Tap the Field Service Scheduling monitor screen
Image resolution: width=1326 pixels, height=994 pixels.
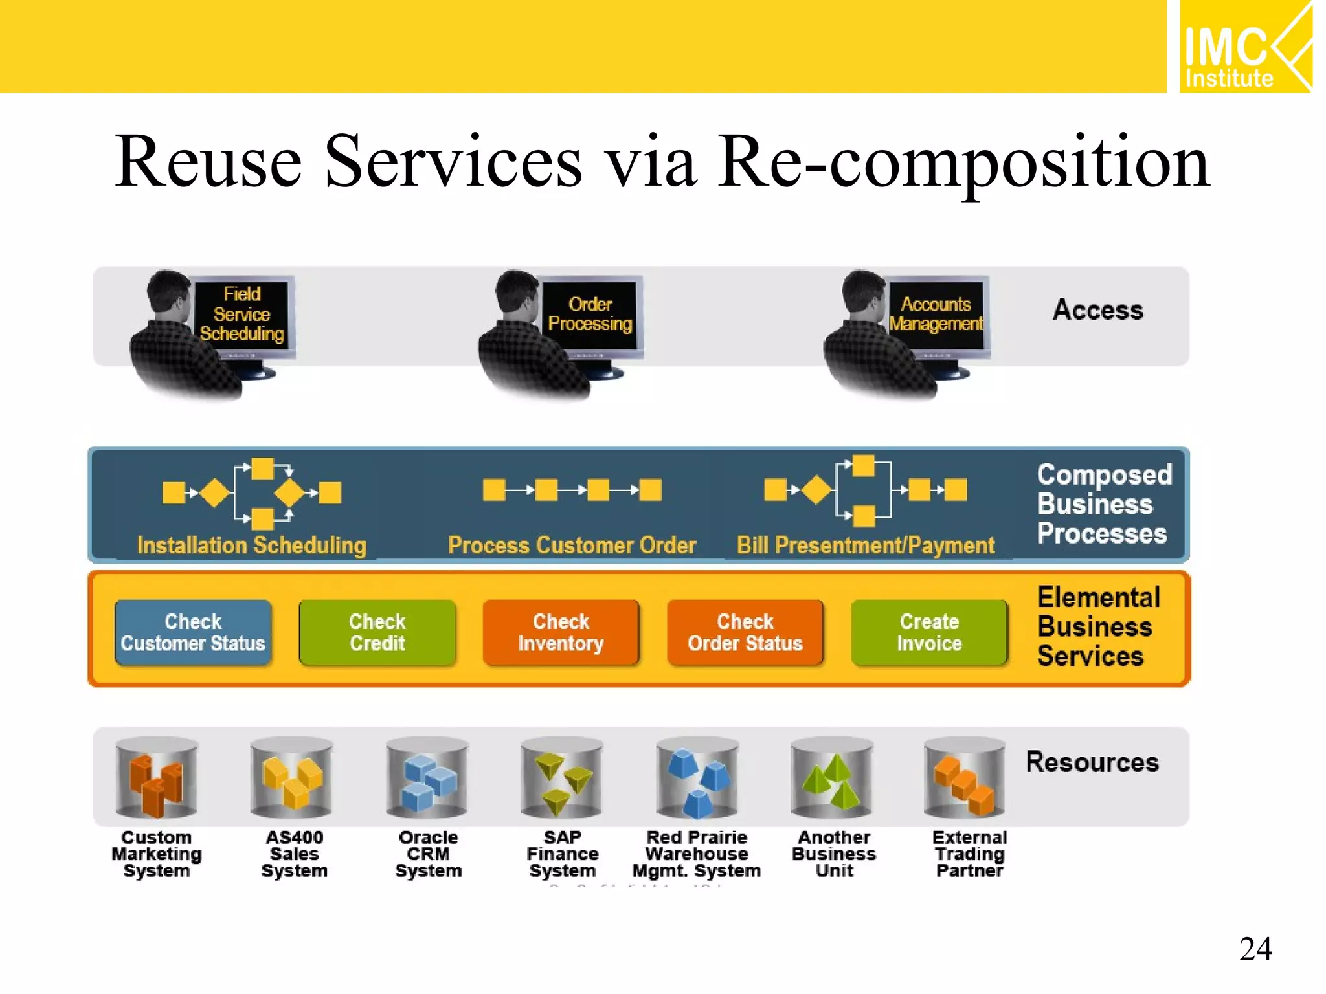[x=242, y=315]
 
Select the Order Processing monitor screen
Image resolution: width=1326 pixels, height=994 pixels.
[x=590, y=315]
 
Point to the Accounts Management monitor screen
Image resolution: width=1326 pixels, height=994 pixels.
[x=936, y=315]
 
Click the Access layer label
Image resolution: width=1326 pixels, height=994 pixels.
[x=1097, y=310]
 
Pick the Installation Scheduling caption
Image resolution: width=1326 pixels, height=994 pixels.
[x=252, y=546]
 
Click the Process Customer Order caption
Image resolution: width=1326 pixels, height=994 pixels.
[x=572, y=546]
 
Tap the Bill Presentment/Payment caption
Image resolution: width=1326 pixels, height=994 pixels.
[x=866, y=546]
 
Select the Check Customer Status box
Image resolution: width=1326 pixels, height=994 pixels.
[x=193, y=632]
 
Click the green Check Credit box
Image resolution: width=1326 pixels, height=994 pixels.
[x=377, y=632]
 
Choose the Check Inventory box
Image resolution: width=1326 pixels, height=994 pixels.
[x=561, y=632]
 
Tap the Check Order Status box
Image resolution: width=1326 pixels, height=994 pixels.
[x=745, y=632]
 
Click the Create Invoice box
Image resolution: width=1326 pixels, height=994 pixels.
[x=929, y=632]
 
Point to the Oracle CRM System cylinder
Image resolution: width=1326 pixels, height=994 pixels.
[x=428, y=779]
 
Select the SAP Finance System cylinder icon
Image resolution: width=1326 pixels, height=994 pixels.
[x=562, y=779]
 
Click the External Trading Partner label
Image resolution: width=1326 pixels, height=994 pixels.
[x=969, y=854]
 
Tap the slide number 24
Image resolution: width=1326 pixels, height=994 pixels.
[x=1255, y=949]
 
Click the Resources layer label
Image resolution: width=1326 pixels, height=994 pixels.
[x=1092, y=762]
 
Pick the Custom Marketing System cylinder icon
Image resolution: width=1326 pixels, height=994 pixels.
[x=157, y=779]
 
